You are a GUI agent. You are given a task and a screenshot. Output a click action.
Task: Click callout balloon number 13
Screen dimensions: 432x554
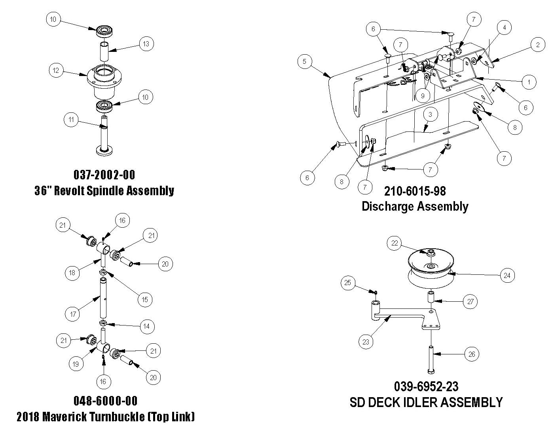pyautogui.click(x=146, y=44)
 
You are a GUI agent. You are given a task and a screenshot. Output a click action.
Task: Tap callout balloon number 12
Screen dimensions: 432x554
pyautogui.click(x=56, y=70)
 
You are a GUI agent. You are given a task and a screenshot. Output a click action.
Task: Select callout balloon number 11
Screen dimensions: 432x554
pyautogui.click(x=71, y=120)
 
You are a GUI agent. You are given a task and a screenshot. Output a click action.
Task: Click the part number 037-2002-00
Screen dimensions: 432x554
pyautogui.click(x=104, y=175)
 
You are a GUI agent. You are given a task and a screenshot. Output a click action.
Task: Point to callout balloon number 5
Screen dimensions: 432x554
pyautogui.click(x=304, y=61)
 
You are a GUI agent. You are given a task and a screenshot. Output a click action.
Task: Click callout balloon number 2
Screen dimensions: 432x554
pyautogui.click(x=538, y=45)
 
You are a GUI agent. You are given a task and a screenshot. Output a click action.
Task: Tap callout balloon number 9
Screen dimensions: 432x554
pyautogui.click(x=423, y=95)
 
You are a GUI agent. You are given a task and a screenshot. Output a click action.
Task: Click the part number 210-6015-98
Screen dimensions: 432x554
pyautogui.click(x=415, y=191)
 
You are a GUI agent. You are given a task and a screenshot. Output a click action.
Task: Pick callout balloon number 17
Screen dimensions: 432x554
pyautogui.click(x=73, y=314)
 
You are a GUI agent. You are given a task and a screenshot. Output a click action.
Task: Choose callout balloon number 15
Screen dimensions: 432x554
pyautogui.click(x=145, y=299)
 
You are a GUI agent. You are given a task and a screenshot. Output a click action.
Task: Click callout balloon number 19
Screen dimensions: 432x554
pyautogui.click(x=76, y=364)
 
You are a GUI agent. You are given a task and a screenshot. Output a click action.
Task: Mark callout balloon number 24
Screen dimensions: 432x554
pyautogui.click(x=507, y=275)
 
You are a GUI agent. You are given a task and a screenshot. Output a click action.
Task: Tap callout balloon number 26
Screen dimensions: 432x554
pyautogui.click(x=472, y=354)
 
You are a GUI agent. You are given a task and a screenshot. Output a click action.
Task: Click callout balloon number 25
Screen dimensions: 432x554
pyautogui.click(x=348, y=283)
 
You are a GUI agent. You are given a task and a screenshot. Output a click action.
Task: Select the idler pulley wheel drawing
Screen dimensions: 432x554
pyautogui.click(x=431, y=269)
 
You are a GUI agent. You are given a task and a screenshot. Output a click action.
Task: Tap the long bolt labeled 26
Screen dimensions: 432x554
pyautogui.click(x=431, y=358)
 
